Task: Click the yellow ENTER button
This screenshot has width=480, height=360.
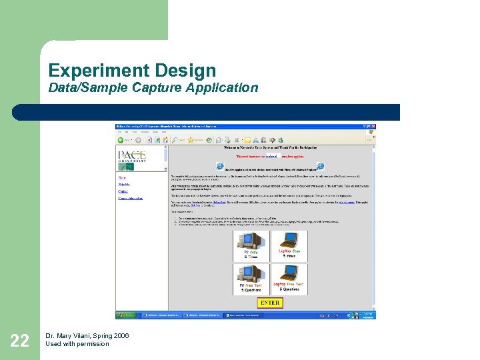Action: point(269,302)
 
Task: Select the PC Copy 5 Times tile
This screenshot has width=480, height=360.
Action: point(251,245)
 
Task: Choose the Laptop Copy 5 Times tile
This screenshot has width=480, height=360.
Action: point(289,245)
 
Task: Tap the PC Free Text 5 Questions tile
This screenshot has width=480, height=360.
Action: point(251,279)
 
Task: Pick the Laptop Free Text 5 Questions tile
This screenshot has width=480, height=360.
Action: point(289,279)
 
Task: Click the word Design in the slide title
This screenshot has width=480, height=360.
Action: point(186,71)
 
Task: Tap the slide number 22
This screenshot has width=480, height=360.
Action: point(19,342)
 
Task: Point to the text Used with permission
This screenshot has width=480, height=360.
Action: point(77,344)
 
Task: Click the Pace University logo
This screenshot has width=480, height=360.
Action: point(132,157)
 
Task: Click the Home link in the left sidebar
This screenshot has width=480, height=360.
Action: point(122,178)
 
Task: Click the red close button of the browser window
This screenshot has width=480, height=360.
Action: point(374,126)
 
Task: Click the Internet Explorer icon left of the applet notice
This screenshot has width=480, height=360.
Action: point(220,166)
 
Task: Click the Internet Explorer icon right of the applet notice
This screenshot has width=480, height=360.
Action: point(320,166)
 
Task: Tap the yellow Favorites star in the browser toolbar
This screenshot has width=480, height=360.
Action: point(191,141)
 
